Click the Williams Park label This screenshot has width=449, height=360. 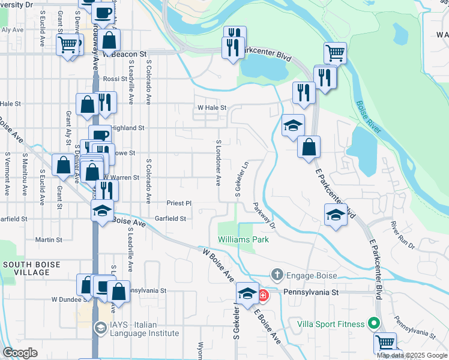point(243,239)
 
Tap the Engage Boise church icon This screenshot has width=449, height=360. point(277,275)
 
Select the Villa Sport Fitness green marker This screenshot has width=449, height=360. point(374,324)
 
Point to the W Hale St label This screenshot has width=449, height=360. point(211,108)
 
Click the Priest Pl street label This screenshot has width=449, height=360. point(179,203)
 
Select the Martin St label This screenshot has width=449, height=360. point(49,239)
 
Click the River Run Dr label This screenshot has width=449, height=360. point(403,236)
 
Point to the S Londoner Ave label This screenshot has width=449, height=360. point(218,163)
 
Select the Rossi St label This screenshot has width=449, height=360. point(112,79)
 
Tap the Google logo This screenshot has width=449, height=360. point(20,353)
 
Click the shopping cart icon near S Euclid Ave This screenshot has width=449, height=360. point(68,44)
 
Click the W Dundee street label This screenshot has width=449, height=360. point(62,298)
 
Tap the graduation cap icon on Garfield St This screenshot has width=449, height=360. point(103,211)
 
